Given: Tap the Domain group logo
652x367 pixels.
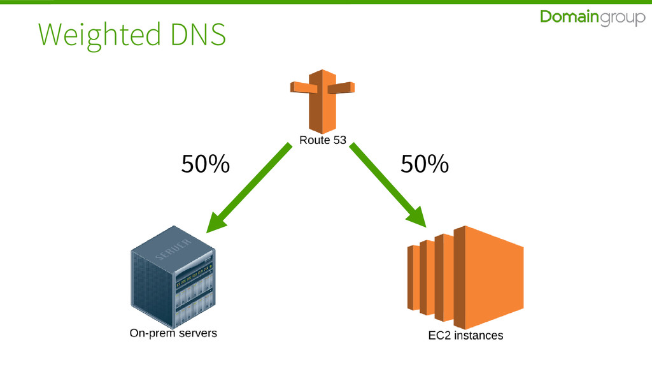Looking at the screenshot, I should click(592, 18).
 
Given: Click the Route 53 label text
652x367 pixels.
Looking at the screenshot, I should click(323, 141).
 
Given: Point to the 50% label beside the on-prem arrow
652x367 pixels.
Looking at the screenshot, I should click(205, 165).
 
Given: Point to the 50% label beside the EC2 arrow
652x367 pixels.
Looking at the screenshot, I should click(425, 165).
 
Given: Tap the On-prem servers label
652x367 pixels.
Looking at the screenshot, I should click(173, 333).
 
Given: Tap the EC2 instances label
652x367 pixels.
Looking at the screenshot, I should click(465, 335).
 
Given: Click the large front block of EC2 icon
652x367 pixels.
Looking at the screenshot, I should click(493, 277).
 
